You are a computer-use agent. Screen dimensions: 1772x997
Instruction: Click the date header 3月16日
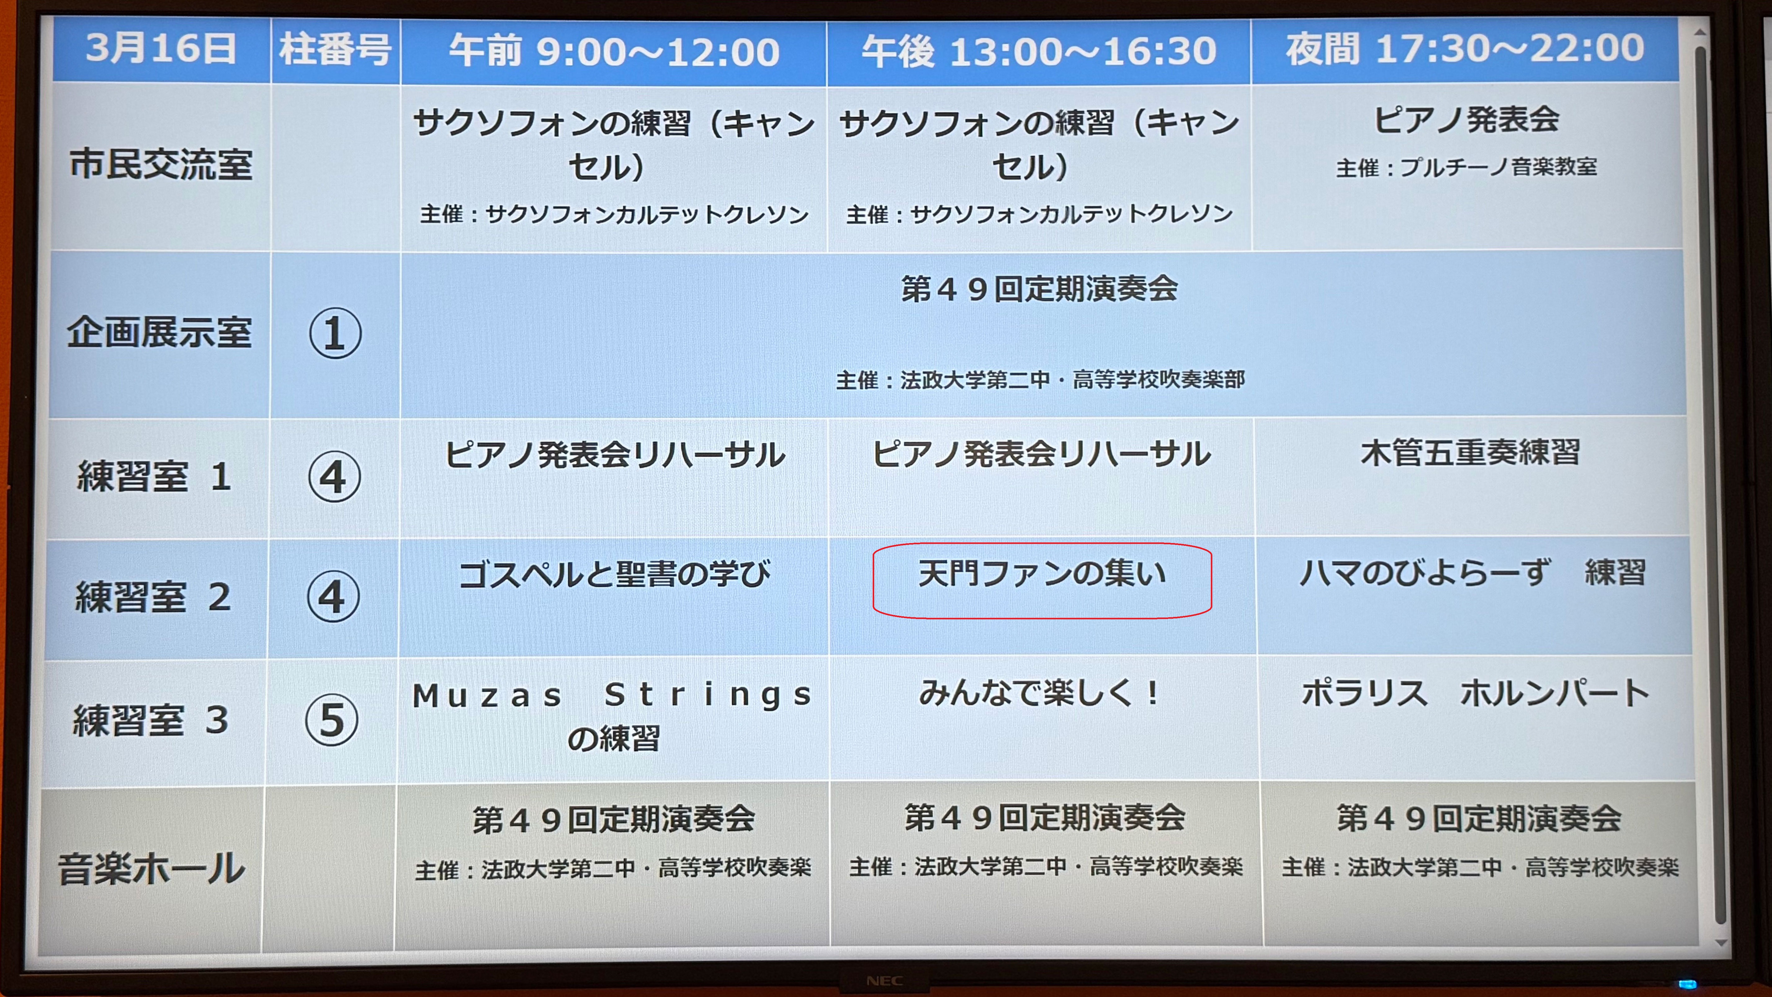(161, 49)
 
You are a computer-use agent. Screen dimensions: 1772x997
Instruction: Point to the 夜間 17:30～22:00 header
(1465, 49)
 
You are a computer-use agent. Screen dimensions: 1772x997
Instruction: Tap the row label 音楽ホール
(151, 868)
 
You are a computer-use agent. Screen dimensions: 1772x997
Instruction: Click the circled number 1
(335, 333)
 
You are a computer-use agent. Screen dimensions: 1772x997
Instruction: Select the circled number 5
(332, 721)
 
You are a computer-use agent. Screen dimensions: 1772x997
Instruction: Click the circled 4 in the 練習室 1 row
(334, 476)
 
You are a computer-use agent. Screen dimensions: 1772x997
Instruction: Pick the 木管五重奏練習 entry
(1470, 453)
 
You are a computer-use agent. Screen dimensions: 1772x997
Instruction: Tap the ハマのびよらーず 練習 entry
(1472, 573)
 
